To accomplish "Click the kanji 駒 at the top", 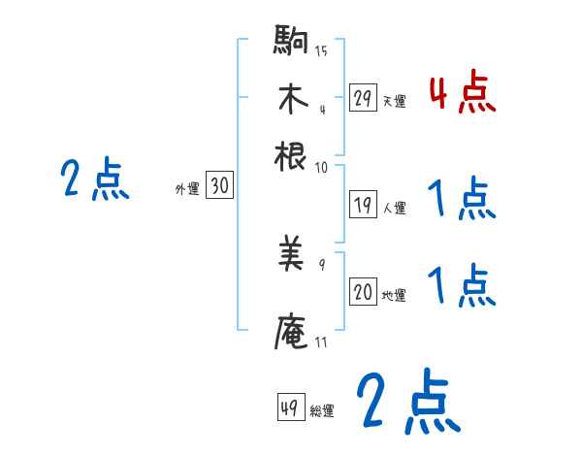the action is (x=291, y=43).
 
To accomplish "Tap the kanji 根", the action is (x=291, y=155).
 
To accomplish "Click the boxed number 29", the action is (x=363, y=98).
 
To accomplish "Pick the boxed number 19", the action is (x=363, y=205).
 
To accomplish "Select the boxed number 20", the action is (x=363, y=293).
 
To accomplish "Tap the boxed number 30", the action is (x=219, y=187).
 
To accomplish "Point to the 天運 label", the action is (x=394, y=101).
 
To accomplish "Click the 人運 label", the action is (x=394, y=207).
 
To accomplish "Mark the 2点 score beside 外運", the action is (x=95, y=180).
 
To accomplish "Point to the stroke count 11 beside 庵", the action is (x=321, y=342).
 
